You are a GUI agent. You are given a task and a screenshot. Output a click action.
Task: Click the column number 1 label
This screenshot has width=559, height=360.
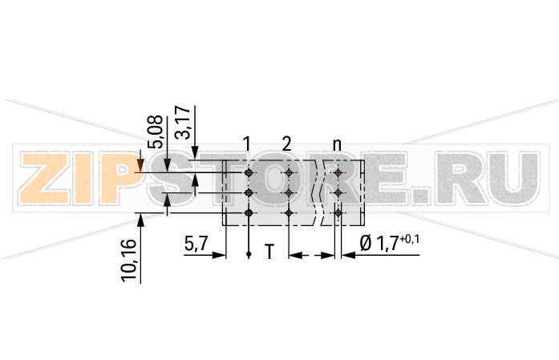coord(248,144)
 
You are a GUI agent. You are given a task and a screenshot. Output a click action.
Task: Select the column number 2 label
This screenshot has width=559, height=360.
coord(286,144)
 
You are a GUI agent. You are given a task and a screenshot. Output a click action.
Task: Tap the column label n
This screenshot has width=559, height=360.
coord(337,144)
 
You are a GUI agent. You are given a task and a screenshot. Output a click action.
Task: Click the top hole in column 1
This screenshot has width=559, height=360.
coord(249,172)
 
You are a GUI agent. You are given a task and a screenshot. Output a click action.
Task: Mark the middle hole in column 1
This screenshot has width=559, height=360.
coord(249,193)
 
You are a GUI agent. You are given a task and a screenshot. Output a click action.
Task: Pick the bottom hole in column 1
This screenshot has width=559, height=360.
coord(249,213)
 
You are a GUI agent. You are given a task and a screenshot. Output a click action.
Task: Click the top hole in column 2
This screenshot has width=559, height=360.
coord(288,172)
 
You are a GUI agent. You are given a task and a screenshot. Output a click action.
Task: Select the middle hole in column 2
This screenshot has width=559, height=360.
coord(288,193)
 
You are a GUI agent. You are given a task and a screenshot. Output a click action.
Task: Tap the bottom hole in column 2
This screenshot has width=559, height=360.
coord(288,213)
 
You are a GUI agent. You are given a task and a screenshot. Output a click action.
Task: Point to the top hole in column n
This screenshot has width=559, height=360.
coord(338,172)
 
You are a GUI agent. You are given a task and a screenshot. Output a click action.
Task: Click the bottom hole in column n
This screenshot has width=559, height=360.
coord(338,213)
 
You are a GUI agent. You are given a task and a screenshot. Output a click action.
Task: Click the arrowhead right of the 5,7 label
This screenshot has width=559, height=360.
coord(219,256)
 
